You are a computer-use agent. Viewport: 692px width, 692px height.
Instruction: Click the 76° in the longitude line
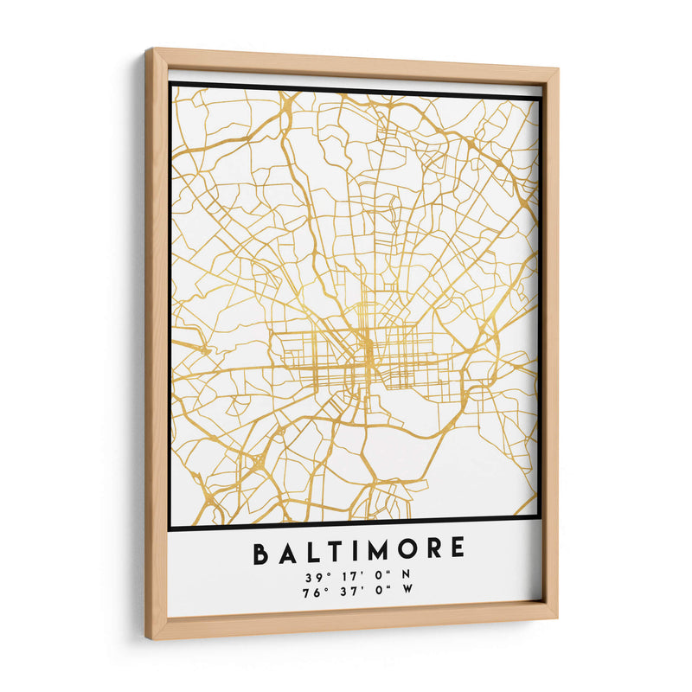click(313, 593)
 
